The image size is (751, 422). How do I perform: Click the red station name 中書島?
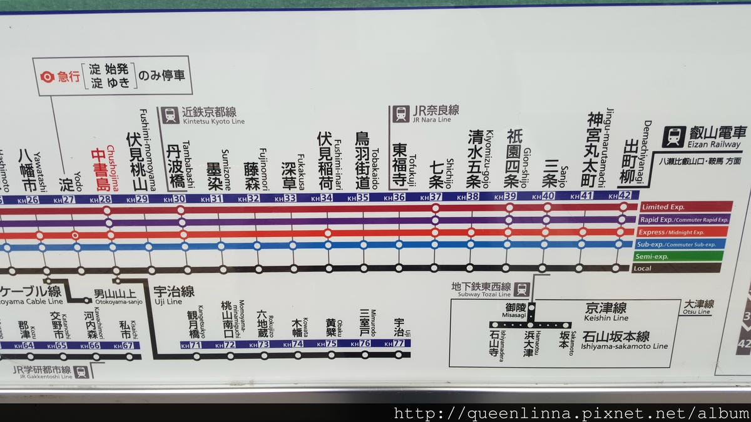click(101, 168)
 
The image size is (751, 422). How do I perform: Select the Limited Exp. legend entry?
click(686, 207)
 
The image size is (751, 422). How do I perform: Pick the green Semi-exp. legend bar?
click(686, 256)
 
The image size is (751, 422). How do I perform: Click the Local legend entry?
click(686, 268)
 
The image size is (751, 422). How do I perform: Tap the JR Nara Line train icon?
click(401, 114)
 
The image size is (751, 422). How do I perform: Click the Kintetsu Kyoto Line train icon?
click(170, 115)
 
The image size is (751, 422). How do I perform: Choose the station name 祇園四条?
click(513, 158)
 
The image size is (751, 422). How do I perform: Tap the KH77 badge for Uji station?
click(398, 343)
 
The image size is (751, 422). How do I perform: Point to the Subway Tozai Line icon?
click(523, 289)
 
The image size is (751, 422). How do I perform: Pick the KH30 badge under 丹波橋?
click(179, 199)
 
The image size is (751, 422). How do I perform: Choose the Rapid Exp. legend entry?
click(686, 219)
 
